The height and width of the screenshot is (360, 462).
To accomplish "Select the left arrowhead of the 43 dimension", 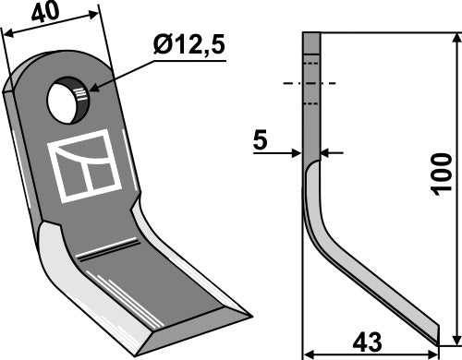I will pos(309,352).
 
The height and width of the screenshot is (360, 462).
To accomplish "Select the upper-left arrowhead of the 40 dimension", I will pos(8,34).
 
